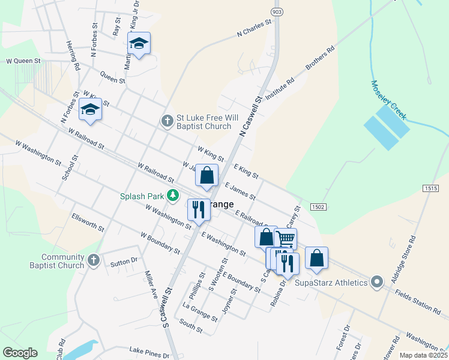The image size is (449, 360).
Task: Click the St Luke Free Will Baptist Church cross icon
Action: coord(167,121)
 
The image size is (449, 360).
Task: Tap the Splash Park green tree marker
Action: coord(173,195)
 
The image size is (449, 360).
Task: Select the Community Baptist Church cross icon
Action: coord(92,260)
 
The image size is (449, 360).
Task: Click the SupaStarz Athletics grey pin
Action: coord(376,281)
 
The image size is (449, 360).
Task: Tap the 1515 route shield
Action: coord(430,188)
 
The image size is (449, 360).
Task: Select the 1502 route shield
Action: coord(318,207)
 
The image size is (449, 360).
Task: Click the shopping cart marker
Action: coord(286,239)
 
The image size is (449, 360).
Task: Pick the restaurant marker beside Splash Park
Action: coord(198,209)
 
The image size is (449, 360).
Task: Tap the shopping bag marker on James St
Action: coord(207,176)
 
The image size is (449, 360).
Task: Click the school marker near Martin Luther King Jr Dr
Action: coord(139,43)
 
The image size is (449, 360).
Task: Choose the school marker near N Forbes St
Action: coord(90,109)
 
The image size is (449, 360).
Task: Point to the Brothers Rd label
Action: coord(320,59)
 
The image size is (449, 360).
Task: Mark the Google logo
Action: coord(20,353)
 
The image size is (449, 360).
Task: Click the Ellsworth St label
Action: coord(88,222)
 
